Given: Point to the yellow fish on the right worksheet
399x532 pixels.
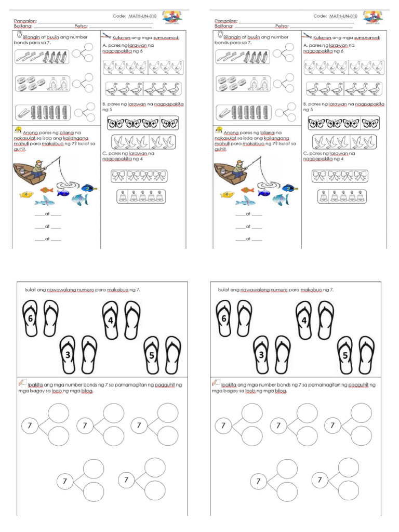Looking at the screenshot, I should coord(227,195).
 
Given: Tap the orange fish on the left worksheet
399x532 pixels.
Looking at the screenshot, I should coord(46,190).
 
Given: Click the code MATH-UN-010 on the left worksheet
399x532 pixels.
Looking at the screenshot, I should coord(142,17).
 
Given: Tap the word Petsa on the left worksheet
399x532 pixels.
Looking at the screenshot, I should coord(81,26).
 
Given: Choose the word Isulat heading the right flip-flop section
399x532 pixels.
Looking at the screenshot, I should coord(224,290).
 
